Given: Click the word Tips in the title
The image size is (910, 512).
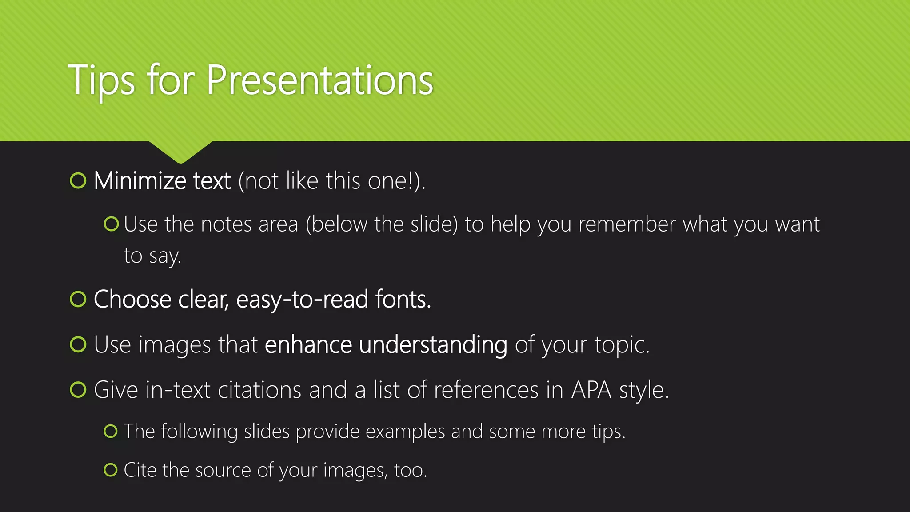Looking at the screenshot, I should tap(101, 81).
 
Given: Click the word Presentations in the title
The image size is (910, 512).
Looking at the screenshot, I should tap(319, 81).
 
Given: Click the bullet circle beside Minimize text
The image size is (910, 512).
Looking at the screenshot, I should tap(78, 181).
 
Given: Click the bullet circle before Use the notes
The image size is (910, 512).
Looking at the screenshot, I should tap(111, 224).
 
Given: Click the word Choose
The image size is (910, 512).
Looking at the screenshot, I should tap(132, 299).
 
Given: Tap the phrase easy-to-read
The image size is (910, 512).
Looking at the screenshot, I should tap(302, 299).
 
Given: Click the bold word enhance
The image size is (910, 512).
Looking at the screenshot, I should tap(308, 345).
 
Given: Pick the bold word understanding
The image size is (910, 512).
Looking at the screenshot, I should tap(433, 345).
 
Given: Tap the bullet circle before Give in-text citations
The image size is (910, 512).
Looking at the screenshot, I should tap(78, 390).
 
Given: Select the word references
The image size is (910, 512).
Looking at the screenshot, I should tap(486, 390).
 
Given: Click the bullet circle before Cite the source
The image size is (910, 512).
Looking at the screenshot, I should tap(111, 470).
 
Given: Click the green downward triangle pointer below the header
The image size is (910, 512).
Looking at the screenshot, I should tap(180, 151).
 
